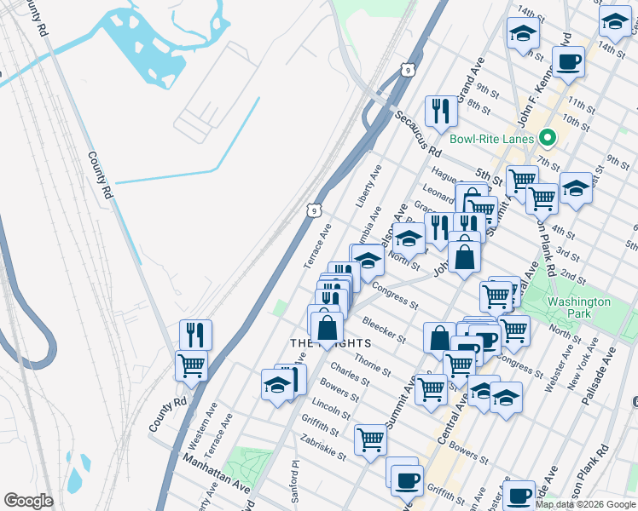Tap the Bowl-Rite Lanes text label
(492, 139)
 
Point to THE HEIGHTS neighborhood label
(330, 343)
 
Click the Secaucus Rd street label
(418, 135)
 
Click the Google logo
(28, 501)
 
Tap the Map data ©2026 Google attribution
(585, 504)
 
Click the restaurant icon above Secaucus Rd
(440, 110)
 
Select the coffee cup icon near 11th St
(568, 61)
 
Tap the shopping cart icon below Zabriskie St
(371, 440)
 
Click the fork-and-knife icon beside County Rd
(196, 334)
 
